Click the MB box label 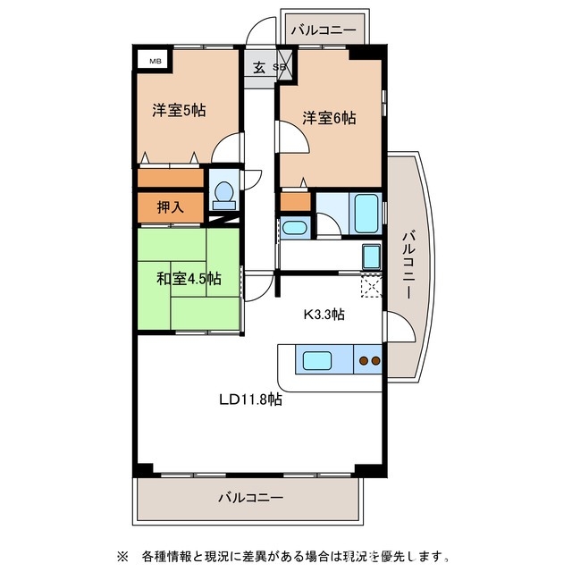(156, 61)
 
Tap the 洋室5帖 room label (179, 111)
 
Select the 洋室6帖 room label (328, 117)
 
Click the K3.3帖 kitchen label (325, 314)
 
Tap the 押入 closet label (170, 207)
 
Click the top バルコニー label (324, 30)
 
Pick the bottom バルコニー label (250, 497)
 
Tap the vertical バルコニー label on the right (408, 264)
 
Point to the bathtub (367, 213)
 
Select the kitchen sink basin (317, 361)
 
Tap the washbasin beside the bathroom (294, 228)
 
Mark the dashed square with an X (371, 285)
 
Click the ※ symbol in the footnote (123, 556)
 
